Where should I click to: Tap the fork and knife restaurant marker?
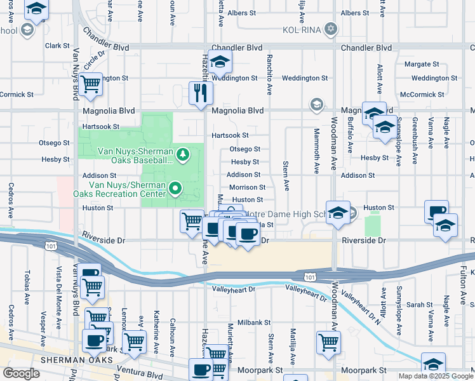tap(201, 93)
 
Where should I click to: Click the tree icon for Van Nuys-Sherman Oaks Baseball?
tap(183, 154)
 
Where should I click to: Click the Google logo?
tap(21, 373)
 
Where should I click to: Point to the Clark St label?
tap(57, 46)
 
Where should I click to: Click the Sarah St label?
tap(419, 305)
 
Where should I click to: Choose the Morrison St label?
tap(247, 187)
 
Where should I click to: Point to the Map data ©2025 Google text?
tap(435, 376)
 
